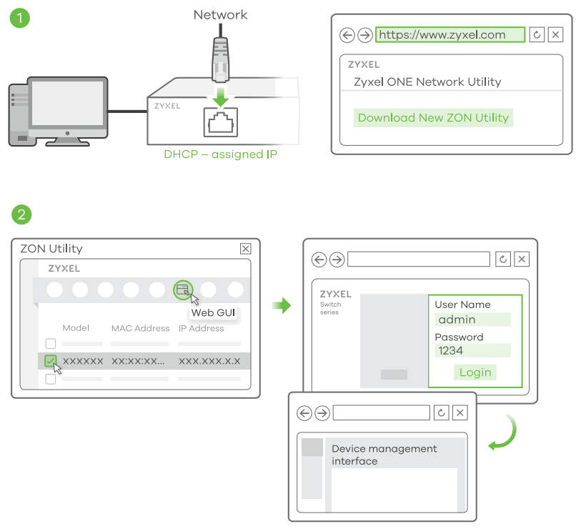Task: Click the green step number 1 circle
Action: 21,18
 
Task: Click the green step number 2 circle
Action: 21,213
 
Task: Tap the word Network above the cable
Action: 220,14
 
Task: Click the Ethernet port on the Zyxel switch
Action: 222,123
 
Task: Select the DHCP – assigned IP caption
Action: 220,154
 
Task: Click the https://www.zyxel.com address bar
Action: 450,34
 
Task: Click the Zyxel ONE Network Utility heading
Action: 427,81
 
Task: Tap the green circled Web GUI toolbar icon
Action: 183,290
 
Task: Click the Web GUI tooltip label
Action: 212,313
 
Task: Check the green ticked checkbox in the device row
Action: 50,361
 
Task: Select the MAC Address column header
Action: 140,328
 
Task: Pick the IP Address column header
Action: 201,328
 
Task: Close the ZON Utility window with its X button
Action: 245,249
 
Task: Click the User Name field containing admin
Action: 473,320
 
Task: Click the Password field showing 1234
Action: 473,351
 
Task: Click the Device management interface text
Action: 384,455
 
